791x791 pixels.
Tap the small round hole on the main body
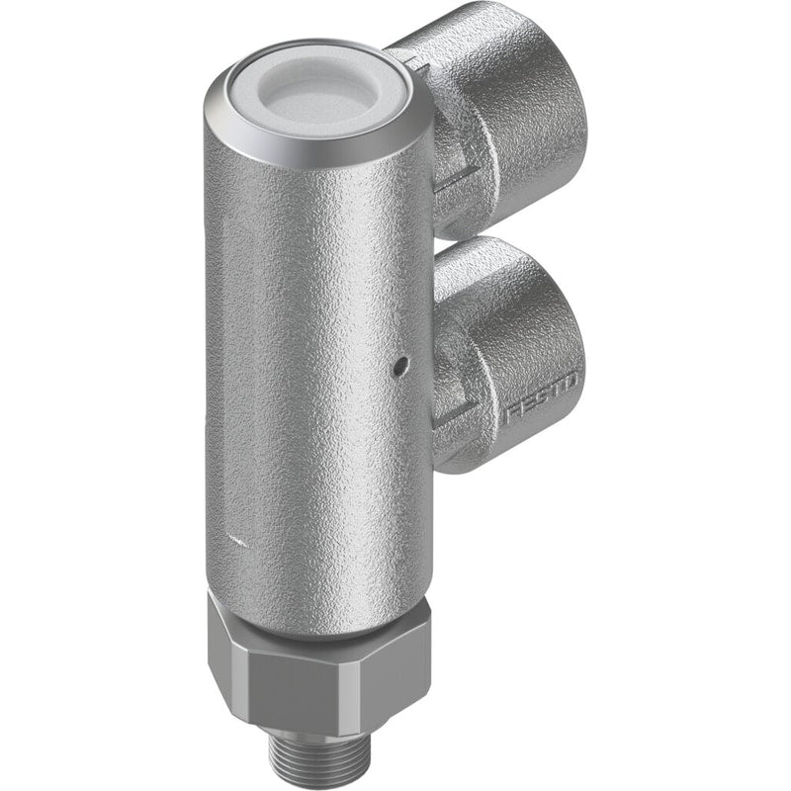[400, 362]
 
